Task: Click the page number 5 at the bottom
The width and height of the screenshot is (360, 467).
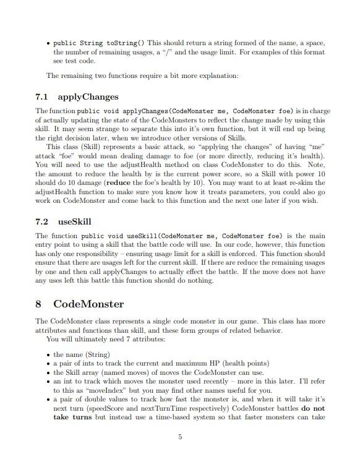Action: coord(180,437)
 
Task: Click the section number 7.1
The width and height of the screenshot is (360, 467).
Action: coord(43,97)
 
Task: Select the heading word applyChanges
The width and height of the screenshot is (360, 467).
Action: coord(88,97)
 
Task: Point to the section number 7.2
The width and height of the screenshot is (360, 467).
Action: coord(43,221)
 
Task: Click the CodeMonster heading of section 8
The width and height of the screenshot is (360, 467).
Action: coord(88,304)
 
